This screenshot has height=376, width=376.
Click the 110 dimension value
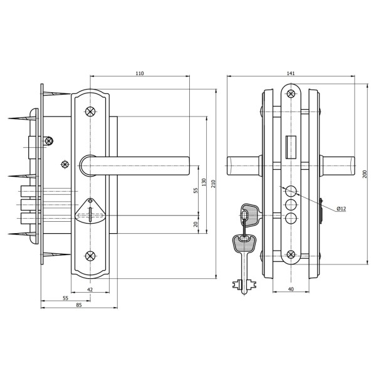pyautogui.click(x=140, y=73)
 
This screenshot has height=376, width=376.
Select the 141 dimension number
pyautogui.click(x=291, y=73)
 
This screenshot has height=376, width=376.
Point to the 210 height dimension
pyautogui.click(x=214, y=184)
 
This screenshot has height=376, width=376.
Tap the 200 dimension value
pyautogui.click(x=365, y=174)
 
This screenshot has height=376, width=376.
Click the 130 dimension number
pyautogui.click(x=204, y=182)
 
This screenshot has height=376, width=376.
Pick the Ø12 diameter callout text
pyautogui.click(x=342, y=209)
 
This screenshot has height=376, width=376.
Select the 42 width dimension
pyautogui.click(x=90, y=290)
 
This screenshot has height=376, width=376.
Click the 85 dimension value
pyautogui.click(x=79, y=305)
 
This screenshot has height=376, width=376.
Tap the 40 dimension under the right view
pyautogui.click(x=291, y=289)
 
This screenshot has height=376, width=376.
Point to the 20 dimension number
pyautogui.click(x=196, y=224)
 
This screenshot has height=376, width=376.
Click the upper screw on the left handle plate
pyautogui.click(x=90, y=111)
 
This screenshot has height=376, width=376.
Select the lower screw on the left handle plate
pyautogui.click(x=90, y=256)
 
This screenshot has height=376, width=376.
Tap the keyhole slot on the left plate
pyautogui.click(x=90, y=214)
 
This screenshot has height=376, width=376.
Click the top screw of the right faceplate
pyautogui.click(x=291, y=93)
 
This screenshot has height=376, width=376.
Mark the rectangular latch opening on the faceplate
pyautogui.click(x=291, y=147)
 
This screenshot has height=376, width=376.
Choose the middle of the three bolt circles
pyautogui.click(x=291, y=204)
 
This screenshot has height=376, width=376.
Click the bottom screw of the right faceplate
pyautogui.click(x=291, y=254)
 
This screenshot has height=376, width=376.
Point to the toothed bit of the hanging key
pyautogui.click(x=244, y=285)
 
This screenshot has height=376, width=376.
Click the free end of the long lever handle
pyautogui.click(x=189, y=165)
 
